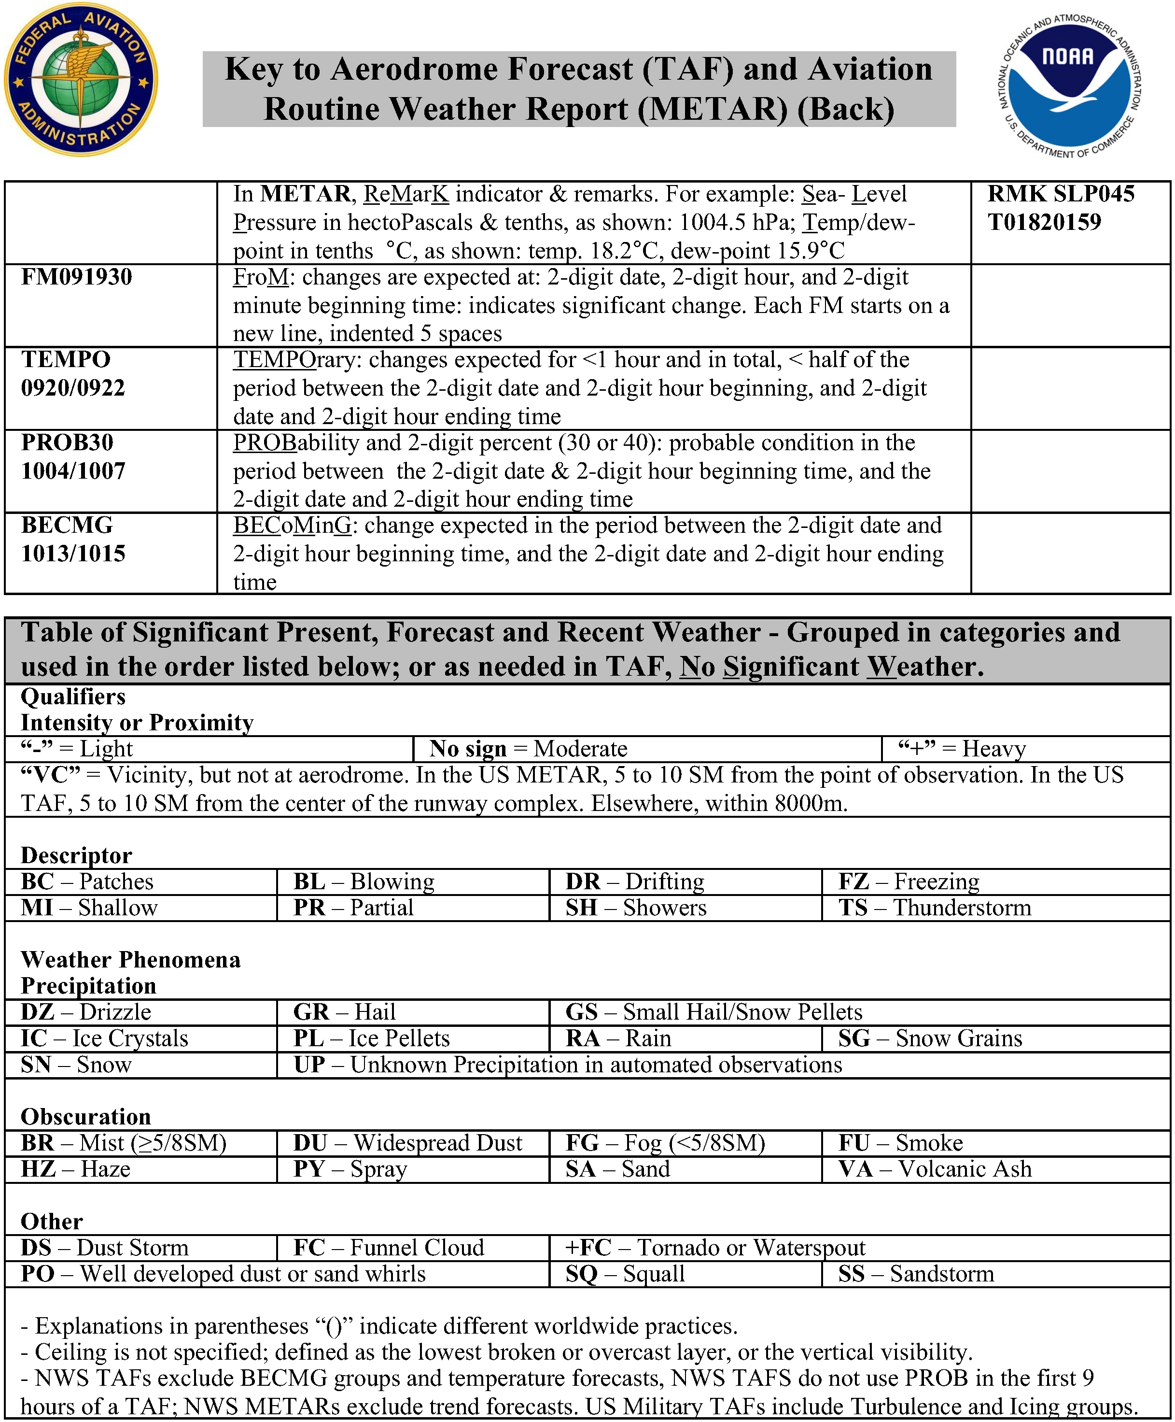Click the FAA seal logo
pos(81,80)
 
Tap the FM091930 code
pos(76,277)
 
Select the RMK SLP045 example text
pos(1061,194)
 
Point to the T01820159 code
pos(1044,222)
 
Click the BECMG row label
pos(68,526)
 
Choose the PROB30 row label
pos(68,443)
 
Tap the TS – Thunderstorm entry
pos(935,908)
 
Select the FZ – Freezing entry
pos(909,882)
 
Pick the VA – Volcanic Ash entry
pos(935,1169)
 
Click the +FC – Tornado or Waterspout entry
pos(715,1247)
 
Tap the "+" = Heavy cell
pos(962,749)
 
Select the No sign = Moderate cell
pos(529,749)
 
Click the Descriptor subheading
pos(76,855)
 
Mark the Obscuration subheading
pos(86,1117)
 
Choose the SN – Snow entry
pos(76,1065)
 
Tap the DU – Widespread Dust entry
pos(407,1143)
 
